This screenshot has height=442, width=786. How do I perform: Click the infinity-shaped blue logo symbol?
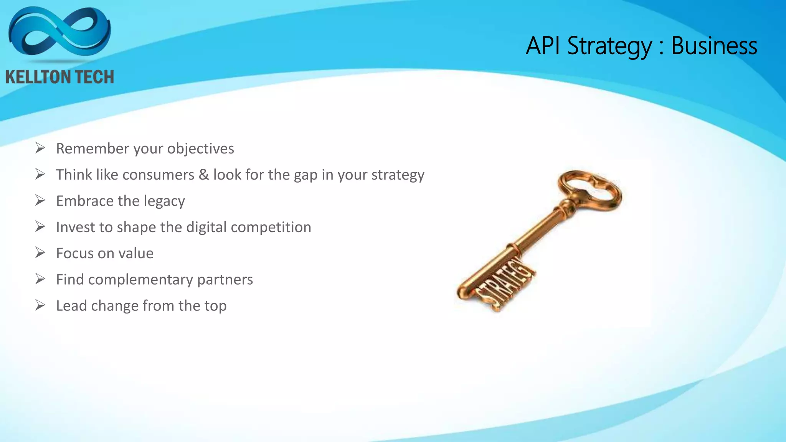(x=59, y=33)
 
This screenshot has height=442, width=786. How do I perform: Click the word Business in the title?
(x=714, y=46)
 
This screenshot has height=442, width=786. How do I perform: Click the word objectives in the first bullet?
(x=200, y=149)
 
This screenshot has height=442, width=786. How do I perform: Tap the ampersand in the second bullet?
(x=204, y=175)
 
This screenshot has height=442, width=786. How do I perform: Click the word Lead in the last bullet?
(x=71, y=306)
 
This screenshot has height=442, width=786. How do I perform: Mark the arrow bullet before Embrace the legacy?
(x=40, y=200)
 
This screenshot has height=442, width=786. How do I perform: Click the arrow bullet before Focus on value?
(x=40, y=253)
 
